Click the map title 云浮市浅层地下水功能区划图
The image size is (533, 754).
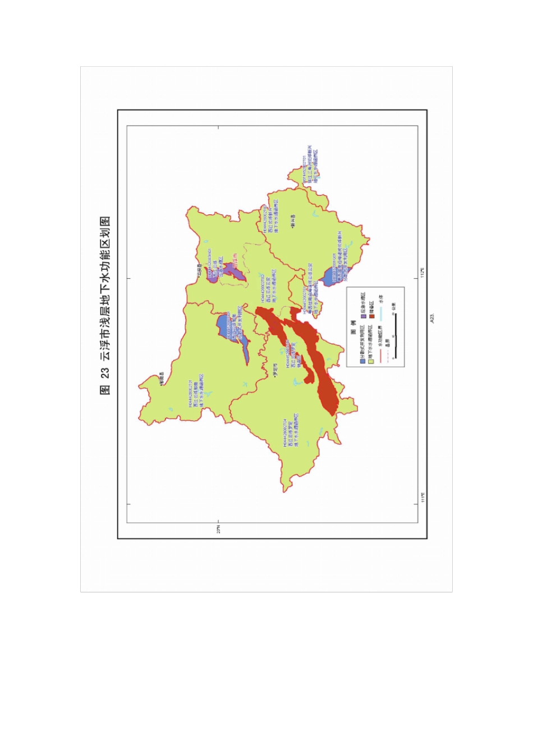pos(105,306)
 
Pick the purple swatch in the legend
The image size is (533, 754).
pos(364,317)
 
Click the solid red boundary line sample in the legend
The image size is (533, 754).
pos(381,356)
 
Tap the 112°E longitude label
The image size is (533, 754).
pos(423,273)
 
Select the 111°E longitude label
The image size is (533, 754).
pos(423,498)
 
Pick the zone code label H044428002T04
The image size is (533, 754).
pos(285,433)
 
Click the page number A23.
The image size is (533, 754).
pos(433,318)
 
